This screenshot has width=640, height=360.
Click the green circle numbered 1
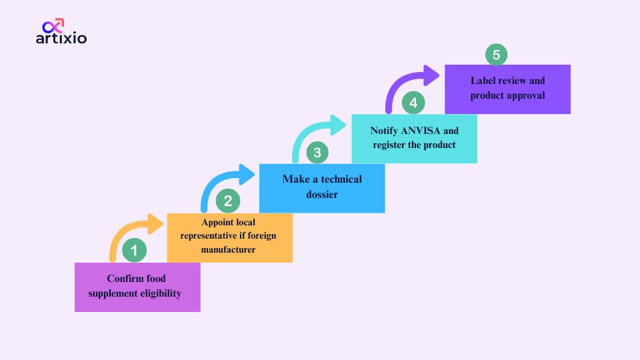(134, 251)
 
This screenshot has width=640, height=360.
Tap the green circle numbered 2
(227, 201)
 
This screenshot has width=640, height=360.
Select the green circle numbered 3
(317, 153)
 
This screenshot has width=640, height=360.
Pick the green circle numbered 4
(413, 103)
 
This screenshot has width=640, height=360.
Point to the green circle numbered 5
(496, 55)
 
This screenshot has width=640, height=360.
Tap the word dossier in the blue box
(322, 195)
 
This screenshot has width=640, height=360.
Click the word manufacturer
(229, 249)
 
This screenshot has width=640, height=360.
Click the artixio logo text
(61, 39)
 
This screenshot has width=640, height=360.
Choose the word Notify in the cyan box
(385, 130)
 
